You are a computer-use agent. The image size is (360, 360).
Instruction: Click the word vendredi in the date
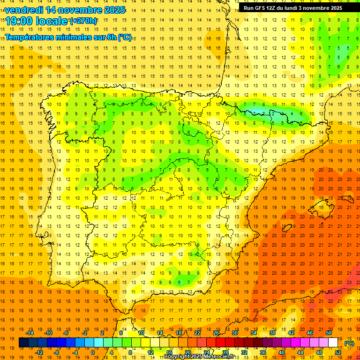pos(24,10)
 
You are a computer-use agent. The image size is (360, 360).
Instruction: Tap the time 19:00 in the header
pos(19,21)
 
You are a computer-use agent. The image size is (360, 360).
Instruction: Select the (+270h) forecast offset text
pos(83,21)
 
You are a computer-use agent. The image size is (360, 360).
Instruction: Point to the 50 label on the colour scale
pos(329,333)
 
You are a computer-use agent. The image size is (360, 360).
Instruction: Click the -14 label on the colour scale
pos(30,333)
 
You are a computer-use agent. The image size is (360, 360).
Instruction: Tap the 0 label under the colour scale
pos(93,352)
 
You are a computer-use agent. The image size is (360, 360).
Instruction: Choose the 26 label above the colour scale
pos(216,333)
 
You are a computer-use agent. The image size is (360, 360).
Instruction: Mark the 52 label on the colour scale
pos(338,352)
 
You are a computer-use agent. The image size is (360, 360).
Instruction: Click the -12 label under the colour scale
pos(39,352)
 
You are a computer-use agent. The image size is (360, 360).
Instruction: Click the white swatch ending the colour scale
pos(333,343)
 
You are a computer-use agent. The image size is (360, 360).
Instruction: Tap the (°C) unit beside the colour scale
pos(349,343)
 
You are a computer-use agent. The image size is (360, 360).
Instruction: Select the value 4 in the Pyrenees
pos(292,113)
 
